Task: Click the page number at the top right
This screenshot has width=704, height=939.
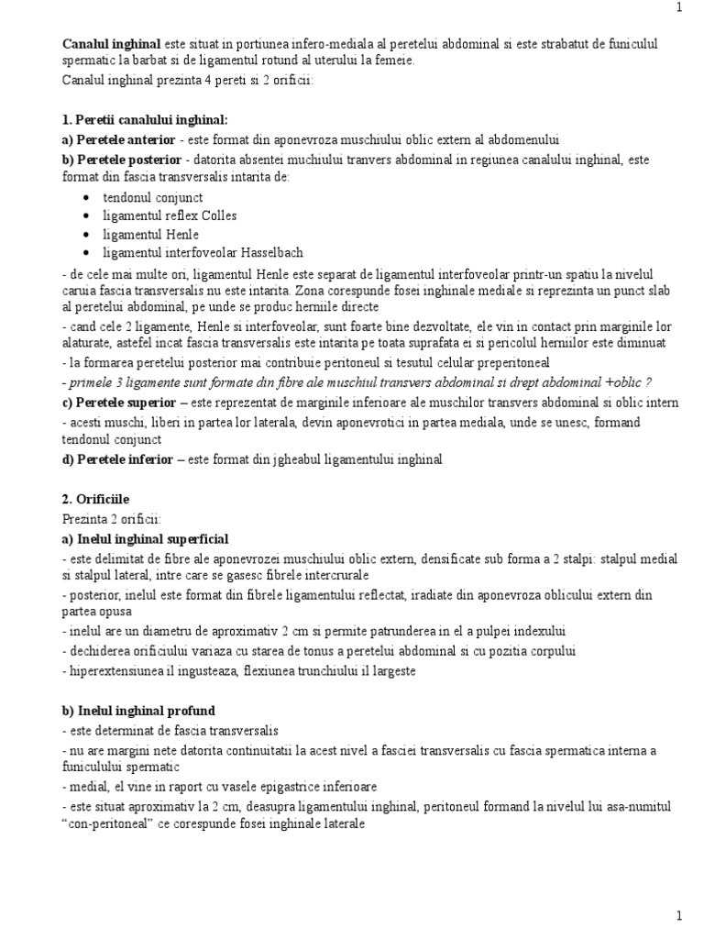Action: [678, 8]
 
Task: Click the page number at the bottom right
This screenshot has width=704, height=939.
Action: [678, 915]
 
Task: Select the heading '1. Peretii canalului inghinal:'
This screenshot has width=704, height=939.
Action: [145, 121]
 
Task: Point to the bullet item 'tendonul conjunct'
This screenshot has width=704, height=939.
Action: [153, 197]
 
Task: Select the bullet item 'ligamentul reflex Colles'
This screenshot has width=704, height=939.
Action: [170, 215]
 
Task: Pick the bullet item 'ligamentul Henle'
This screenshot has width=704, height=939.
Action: [151, 234]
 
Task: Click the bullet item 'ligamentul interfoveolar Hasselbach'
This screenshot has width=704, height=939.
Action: [203, 252]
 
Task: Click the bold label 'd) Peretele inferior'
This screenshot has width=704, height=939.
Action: [117, 459]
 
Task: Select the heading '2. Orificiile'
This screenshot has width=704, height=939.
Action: [99, 500]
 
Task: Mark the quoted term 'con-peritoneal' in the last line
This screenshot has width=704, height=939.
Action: [113, 824]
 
